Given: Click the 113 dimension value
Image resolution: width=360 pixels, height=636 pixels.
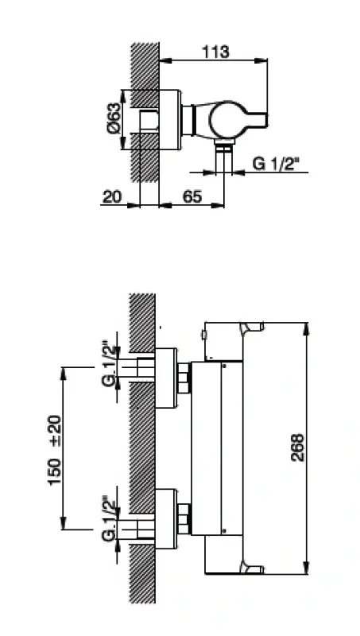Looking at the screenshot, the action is pyautogui.click(x=215, y=52).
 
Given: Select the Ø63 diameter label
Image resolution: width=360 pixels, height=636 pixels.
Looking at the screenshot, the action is pyautogui.click(x=114, y=118).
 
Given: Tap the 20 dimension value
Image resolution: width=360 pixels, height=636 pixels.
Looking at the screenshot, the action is pyautogui.click(x=112, y=197).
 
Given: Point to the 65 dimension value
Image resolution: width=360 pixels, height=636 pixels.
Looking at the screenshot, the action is pyautogui.click(x=192, y=197).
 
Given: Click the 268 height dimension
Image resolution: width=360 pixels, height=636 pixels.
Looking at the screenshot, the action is pyautogui.click(x=298, y=448).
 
